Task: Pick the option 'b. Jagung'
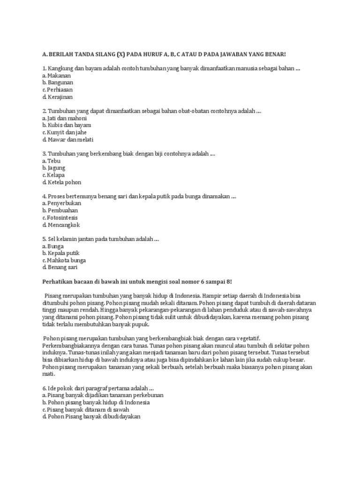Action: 54,167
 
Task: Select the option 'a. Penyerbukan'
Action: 61,203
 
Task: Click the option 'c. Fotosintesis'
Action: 60,218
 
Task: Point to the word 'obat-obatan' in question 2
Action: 196,111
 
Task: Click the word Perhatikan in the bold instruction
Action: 58,281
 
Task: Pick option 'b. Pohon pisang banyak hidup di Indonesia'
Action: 96,402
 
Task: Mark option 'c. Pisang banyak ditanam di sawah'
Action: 85,409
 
